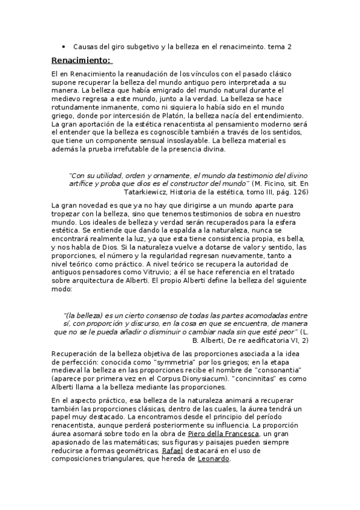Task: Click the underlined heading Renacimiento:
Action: [81, 60]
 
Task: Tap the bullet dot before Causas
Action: [64, 46]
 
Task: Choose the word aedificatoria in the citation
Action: [264, 340]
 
